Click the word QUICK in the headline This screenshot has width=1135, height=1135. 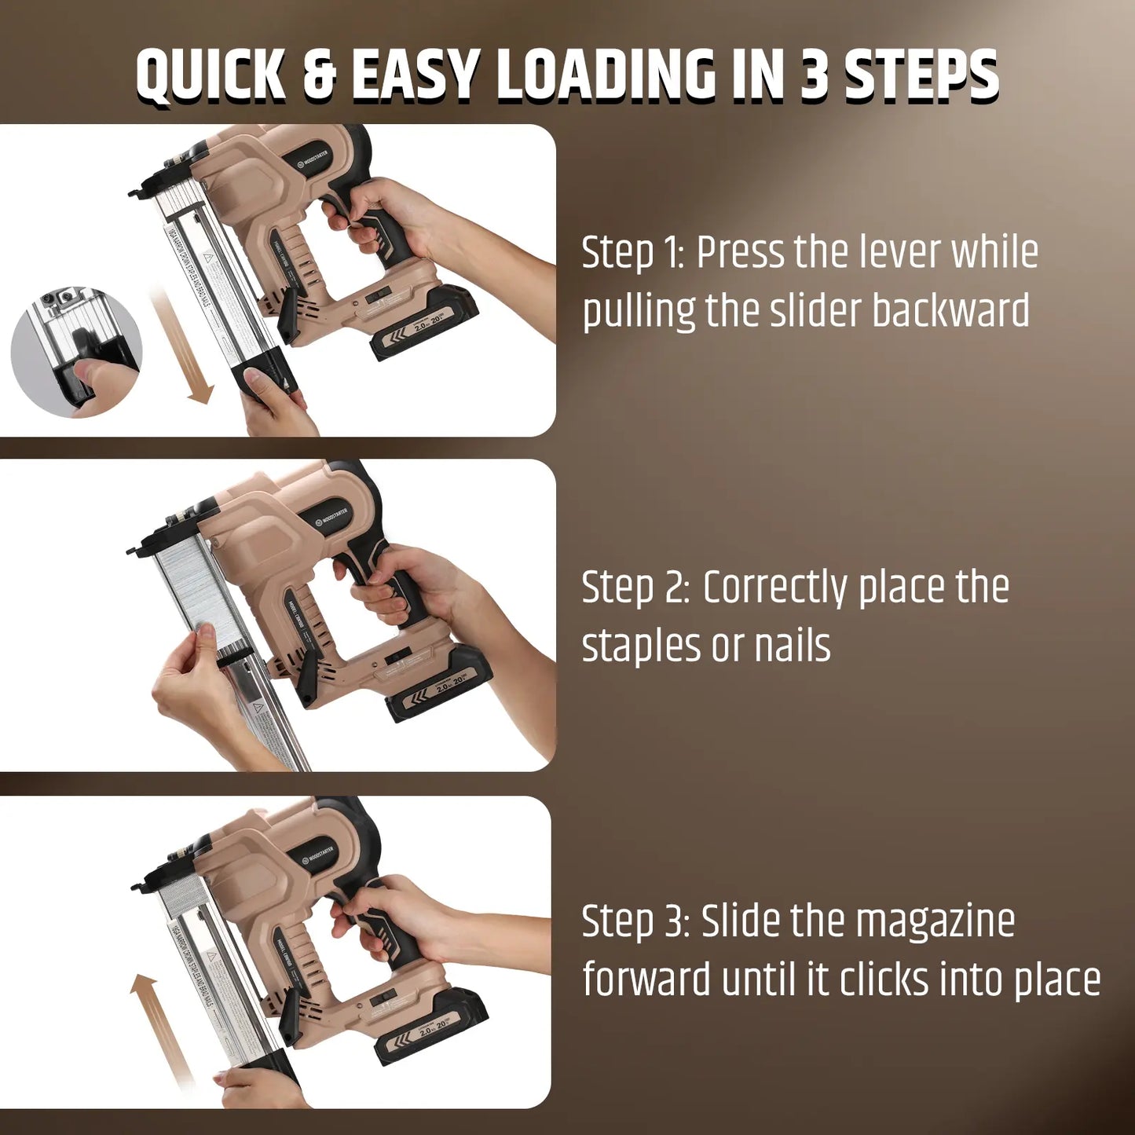click(x=211, y=75)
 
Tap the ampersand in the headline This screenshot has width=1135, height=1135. click(x=320, y=75)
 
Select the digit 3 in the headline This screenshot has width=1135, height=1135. click(x=814, y=75)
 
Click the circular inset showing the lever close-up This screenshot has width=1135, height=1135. click(x=76, y=353)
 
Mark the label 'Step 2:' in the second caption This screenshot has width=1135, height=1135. click(x=635, y=587)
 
